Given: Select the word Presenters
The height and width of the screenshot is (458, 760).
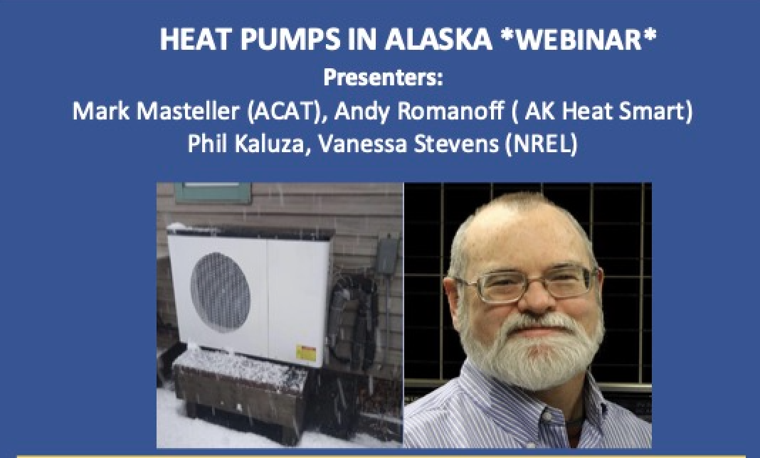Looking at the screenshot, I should tap(383, 78).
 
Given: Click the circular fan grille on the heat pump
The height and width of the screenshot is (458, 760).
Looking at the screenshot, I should tap(220, 292).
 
